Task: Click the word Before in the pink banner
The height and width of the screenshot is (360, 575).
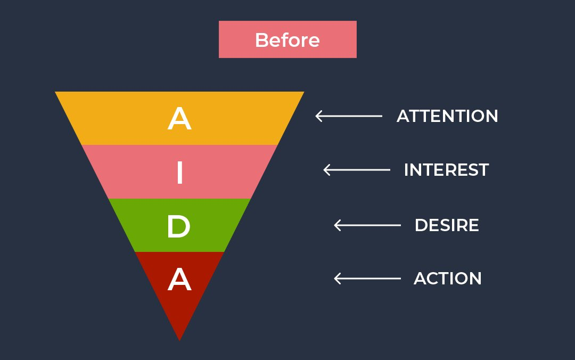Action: pos(287,40)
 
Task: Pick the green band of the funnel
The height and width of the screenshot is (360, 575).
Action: pos(213,225)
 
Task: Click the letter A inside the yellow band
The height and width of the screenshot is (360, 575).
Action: pos(179,119)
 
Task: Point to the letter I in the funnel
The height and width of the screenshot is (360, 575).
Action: pos(179,173)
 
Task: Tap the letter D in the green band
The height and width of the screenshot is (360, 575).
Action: pos(178,227)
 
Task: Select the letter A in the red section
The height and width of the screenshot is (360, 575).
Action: pos(179,280)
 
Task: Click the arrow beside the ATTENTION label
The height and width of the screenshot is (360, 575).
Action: pos(349,116)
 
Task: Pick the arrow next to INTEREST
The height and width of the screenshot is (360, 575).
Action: pos(357,170)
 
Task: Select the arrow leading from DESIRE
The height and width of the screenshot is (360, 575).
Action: pos(367,225)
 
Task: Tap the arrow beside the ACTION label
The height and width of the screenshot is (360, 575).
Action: pos(367,278)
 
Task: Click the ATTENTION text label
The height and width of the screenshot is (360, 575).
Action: pos(447,116)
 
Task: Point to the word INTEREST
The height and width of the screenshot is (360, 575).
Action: pos(446,170)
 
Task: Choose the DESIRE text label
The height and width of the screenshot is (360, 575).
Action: pos(447,225)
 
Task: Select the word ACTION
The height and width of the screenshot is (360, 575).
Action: pos(448,279)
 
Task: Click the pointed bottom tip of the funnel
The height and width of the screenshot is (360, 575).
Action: pos(179,339)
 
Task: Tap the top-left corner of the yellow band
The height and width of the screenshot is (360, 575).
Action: pos(57,93)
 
